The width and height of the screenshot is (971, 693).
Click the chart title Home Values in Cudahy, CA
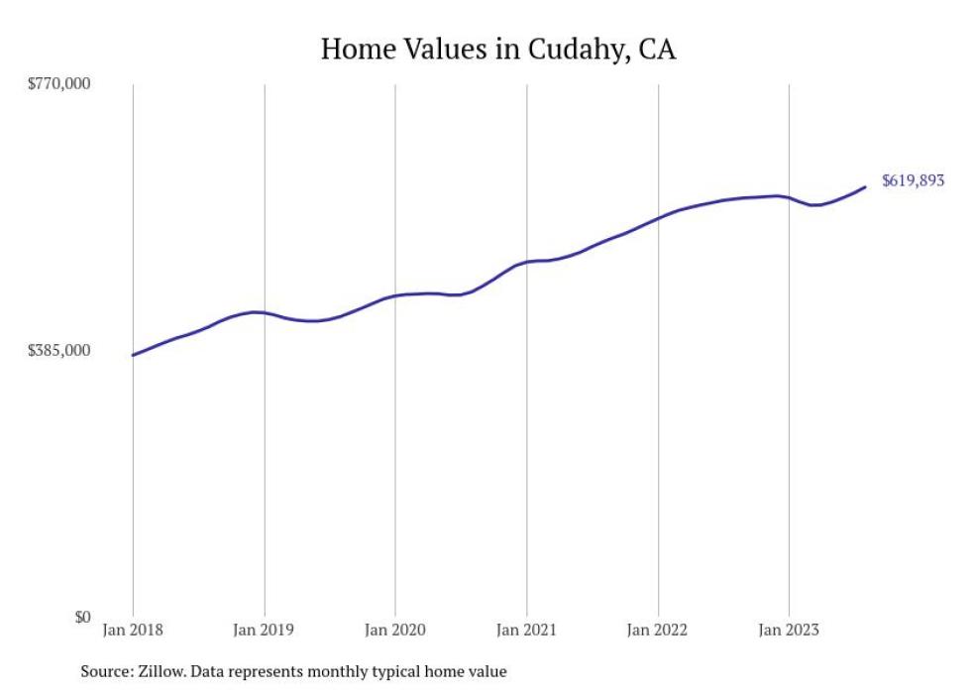tap(497, 50)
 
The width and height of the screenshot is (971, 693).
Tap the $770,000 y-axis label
tap(58, 83)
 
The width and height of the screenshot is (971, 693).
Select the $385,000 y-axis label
tap(58, 350)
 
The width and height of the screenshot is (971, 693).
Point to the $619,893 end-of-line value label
tap(913, 181)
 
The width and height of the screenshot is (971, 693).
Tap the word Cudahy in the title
tap(564, 50)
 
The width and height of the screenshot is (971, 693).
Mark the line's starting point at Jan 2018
tap(133, 355)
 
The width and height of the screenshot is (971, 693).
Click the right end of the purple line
tap(866, 186)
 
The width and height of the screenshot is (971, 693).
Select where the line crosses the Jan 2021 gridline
tap(526, 262)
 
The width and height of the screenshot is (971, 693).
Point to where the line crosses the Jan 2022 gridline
tap(658, 217)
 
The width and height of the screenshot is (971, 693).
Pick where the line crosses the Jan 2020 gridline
tap(395, 295)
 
